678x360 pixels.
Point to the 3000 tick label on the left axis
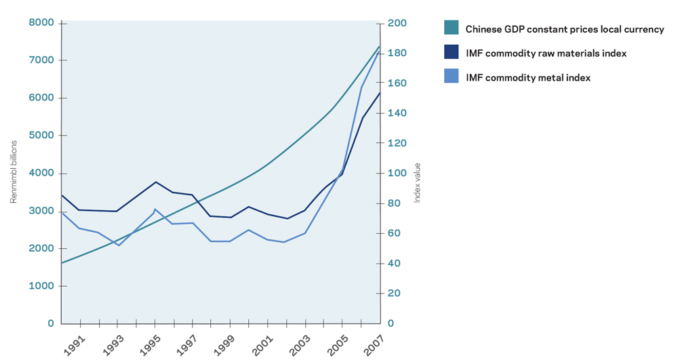coord(41,211)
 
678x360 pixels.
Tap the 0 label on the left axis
coord(50,323)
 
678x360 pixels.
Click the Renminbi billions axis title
coord(14,172)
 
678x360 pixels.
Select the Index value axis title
coord(418,182)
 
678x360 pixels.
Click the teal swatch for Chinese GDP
coord(451,28)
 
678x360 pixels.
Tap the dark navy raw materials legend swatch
coord(451,52)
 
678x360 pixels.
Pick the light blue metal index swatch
coord(451,77)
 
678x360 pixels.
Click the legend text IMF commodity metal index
coord(528,78)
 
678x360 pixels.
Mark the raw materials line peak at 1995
coord(156,182)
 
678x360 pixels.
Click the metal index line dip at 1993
coord(119,245)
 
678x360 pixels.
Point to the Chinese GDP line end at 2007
coord(379,46)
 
